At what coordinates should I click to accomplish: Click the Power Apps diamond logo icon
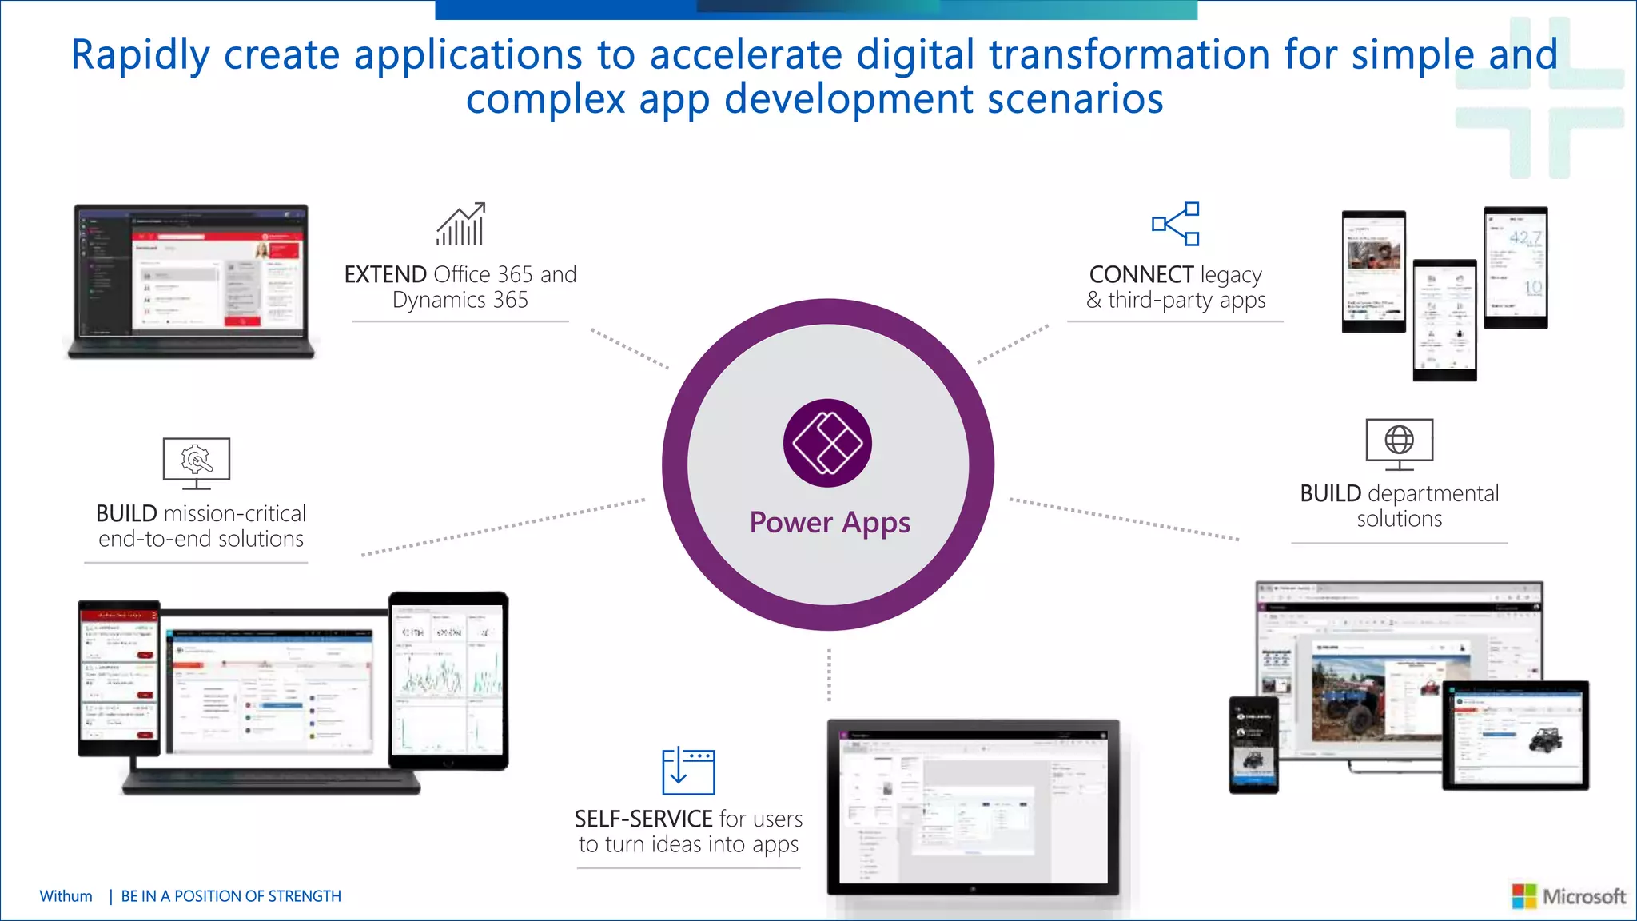pos(827,443)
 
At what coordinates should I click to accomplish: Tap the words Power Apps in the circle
pos(830,523)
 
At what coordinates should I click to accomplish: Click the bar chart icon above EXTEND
pos(461,225)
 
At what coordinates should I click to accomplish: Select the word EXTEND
pos(385,274)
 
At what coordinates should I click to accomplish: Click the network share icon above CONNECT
pos(1175,224)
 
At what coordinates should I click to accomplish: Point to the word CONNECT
pos(1141,274)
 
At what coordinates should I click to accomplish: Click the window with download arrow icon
pos(688,771)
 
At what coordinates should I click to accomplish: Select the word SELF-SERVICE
pos(643,819)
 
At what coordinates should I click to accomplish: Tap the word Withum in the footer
pos(66,896)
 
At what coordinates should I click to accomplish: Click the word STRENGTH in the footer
pos(304,896)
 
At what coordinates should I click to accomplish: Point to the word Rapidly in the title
pos(140,56)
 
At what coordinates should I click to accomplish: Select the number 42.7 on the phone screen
pos(1524,237)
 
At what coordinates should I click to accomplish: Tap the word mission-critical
pos(235,513)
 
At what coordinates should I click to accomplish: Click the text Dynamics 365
pos(460,300)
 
